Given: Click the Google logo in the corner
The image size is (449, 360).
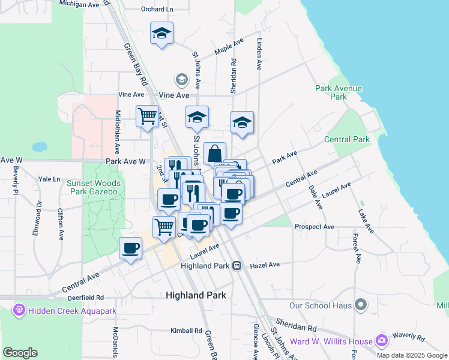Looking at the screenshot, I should (20, 353).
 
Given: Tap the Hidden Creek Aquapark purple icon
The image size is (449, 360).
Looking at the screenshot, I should (19, 310).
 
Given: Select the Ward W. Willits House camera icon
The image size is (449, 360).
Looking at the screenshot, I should (381, 341).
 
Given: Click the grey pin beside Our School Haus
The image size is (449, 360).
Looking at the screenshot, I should (361, 305).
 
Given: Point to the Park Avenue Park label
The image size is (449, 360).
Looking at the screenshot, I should (339, 92).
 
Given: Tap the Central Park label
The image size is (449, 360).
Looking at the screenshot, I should (347, 140).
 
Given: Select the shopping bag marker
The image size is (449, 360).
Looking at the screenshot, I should (214, 154).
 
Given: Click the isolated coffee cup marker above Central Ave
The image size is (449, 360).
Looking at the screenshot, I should (130, 248).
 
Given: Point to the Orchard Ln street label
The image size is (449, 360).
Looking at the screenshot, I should (157, 9).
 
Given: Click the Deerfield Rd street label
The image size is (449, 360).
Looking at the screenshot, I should (86, 297).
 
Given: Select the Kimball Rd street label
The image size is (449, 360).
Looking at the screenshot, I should (185, 331).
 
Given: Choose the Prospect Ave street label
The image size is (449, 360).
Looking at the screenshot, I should (314, 227).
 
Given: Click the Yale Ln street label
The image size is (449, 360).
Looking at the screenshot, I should (49, 179).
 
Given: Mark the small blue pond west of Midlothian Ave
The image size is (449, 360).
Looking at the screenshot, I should (40, 146).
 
